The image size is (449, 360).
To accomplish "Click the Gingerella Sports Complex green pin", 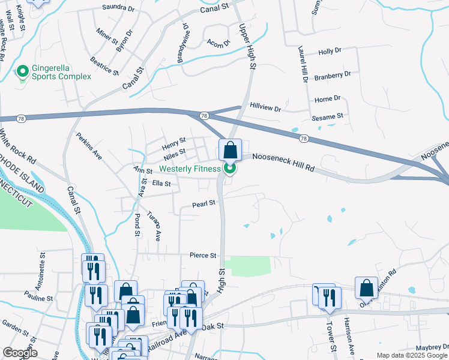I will tap(23, 72).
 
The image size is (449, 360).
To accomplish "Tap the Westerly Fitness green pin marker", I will tap(229, 169).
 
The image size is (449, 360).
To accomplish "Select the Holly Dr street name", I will tap(330, 52).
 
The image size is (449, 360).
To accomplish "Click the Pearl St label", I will tap(203, 204).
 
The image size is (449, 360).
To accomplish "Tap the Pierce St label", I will tap(202, 256).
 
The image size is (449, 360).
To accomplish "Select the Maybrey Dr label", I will tap(432, 348).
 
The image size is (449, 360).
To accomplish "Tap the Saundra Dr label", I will tap(118, 8).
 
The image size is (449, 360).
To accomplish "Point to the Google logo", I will tap(19, 353).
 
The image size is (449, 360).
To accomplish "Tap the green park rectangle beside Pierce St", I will tap(246, 266).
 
